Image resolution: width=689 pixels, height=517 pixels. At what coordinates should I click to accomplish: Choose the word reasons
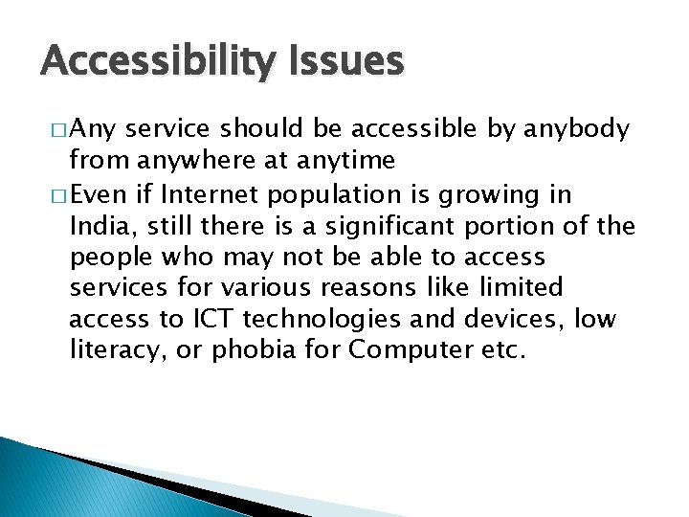click(x=368, y=288)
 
